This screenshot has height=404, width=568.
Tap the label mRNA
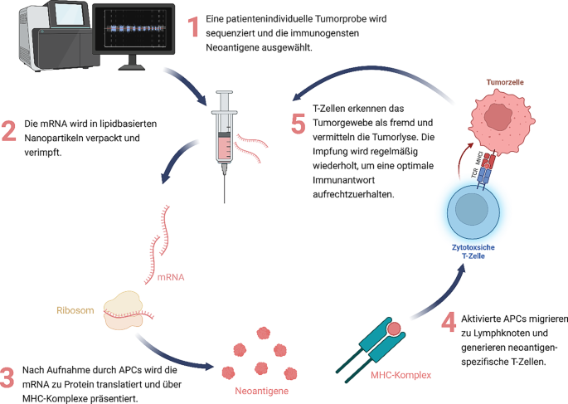click(x=196, y=275)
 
